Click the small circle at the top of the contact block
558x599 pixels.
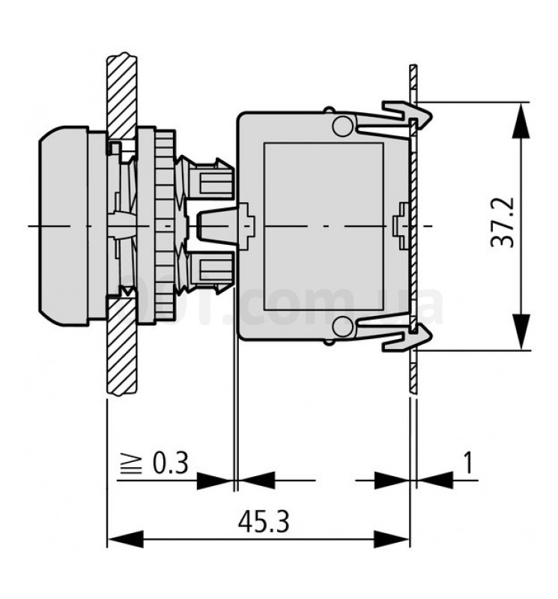coord(342,125)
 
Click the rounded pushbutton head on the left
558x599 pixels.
coord(64,225)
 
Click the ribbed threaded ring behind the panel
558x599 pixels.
coord(164,225)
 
